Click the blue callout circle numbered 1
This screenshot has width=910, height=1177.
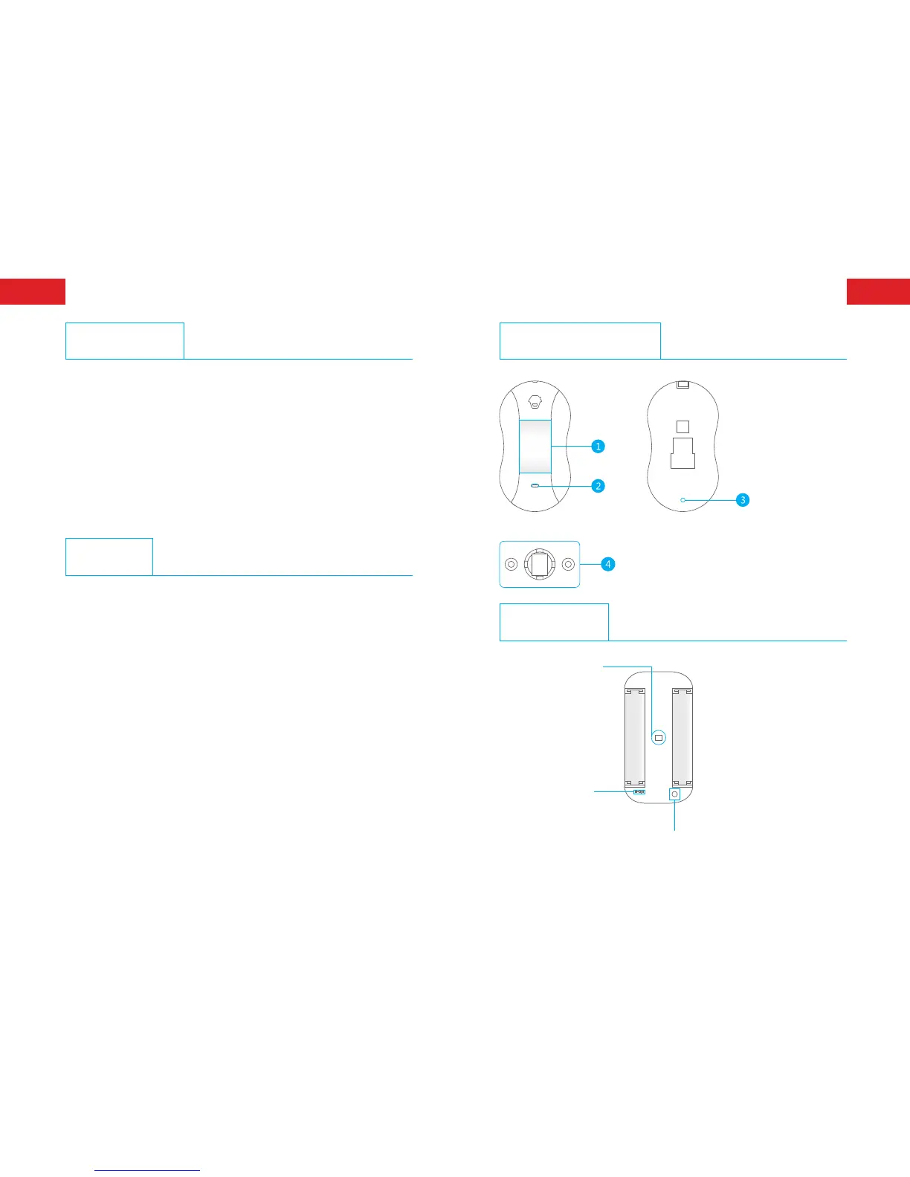coord(598,446)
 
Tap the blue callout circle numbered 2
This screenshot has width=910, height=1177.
coord(598,486)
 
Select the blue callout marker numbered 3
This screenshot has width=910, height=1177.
coord(742,500)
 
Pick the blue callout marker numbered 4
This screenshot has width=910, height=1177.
coord(608,564)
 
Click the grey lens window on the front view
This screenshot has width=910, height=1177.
coord(535,446)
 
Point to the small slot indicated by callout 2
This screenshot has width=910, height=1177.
coord(535,486)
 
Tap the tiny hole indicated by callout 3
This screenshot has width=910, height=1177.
coord(682,500)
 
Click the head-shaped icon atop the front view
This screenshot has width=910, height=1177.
coord(535,402)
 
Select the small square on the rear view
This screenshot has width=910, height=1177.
coord(683,427)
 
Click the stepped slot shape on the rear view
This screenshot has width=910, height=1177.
coord(683,453)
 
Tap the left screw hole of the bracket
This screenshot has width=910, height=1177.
coord(512,564)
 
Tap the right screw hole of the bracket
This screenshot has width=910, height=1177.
coord(568,564)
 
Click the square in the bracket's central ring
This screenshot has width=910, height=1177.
coord(539,564)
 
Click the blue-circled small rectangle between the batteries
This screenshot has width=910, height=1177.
coord(658,738)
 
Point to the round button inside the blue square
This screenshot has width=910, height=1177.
coord(675,794)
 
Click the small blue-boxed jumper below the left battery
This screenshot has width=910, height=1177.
coord(639,792)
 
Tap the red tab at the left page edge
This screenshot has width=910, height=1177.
coord(33,291)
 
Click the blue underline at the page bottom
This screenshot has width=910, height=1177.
coord(148,1170)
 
